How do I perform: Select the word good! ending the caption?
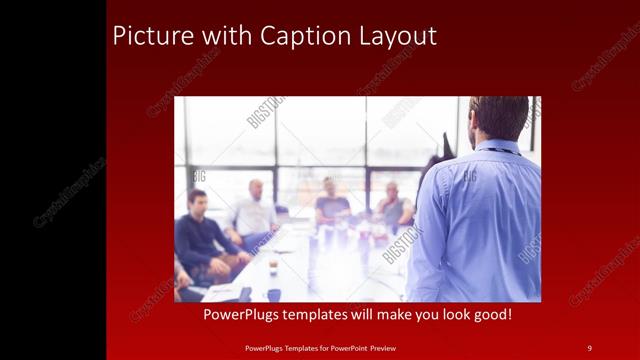click(489, 314)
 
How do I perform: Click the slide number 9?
click(589, 347)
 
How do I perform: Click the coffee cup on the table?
click(273, 267)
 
